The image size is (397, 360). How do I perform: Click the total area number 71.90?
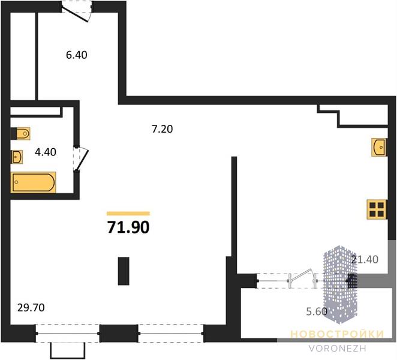128,227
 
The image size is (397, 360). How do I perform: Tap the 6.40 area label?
77,55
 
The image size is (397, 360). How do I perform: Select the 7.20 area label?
163,129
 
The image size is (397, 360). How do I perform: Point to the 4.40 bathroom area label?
46,152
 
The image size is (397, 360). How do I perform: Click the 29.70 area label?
31,308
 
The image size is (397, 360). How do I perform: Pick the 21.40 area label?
365,259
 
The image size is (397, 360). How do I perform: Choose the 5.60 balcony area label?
317,311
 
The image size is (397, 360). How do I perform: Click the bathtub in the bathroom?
33,182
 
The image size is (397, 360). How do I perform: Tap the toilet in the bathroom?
23,134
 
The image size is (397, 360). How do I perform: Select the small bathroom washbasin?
17,157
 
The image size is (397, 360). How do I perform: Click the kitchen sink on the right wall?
379,147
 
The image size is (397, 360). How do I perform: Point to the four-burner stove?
377,209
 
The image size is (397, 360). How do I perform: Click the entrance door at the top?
77,11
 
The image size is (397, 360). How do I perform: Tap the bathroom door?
81,158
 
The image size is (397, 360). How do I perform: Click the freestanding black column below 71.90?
124,271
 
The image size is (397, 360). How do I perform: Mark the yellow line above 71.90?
128,214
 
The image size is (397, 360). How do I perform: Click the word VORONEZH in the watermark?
338,349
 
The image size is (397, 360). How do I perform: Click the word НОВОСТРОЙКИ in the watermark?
337,334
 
